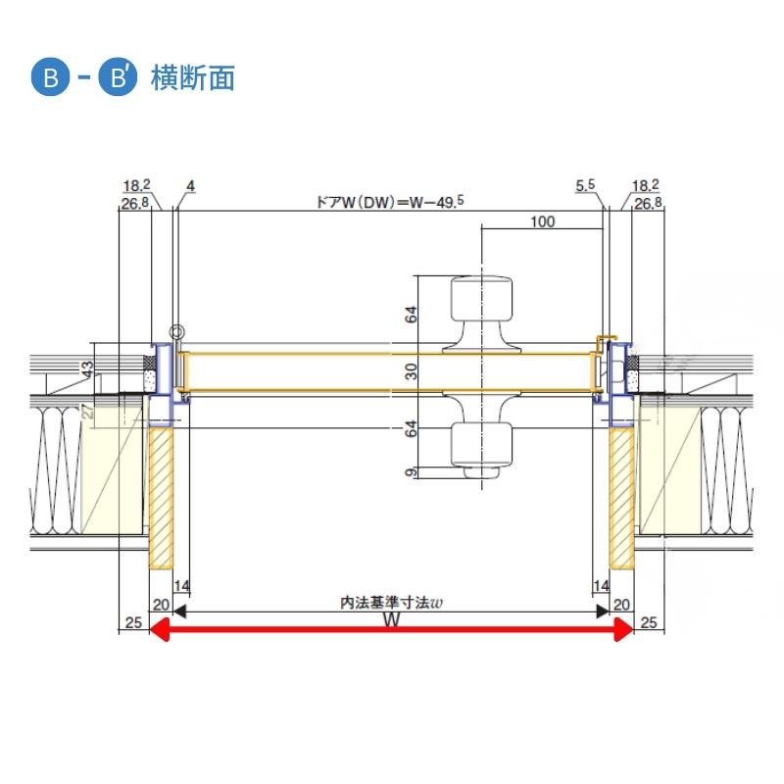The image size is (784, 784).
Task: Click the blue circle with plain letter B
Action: (51, 78)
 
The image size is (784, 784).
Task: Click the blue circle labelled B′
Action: (118, 78)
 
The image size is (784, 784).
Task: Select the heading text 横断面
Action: (193, 78)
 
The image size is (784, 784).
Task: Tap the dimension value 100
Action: (543, 221)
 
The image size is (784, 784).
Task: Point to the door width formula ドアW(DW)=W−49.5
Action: (390, 202)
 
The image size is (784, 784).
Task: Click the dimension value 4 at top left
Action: (190, 186)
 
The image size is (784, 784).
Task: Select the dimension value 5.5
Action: (585, 185)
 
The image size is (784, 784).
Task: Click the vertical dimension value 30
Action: (411, 371)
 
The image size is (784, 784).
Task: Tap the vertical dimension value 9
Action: (411, 472)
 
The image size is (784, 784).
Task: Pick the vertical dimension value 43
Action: (87, 370)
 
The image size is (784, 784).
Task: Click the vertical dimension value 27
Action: (88, 411)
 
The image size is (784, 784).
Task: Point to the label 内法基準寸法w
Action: (391, 603)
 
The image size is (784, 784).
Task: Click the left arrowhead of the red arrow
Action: (159, 629)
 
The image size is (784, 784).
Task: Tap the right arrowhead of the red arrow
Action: (624, 629)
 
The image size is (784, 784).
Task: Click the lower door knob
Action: (481, 434)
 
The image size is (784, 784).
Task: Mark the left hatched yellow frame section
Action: (161, 498)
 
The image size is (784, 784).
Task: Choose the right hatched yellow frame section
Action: (621, 498)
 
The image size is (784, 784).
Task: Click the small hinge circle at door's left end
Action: (176, 332)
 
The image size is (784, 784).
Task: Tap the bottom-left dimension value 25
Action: (133, 622)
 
